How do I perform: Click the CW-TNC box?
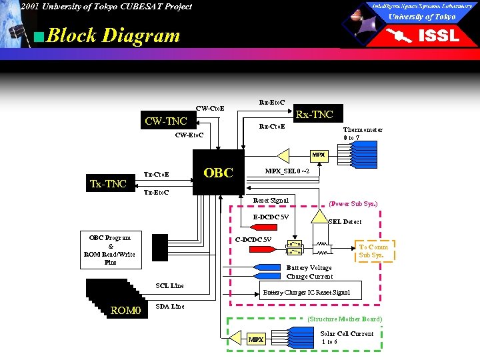pos(166,121)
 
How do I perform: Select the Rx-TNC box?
pos(314,114)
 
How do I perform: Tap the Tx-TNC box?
pos(108,183)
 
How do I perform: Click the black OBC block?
pos(218,173)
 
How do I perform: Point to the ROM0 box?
pos(125,310)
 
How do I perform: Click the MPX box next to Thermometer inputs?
pos(319,155)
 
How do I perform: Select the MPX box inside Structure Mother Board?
pos(256,339)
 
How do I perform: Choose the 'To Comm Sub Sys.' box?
pos(373,251)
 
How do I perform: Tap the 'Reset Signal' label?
pos(271,200)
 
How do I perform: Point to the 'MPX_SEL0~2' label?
pos(287,171)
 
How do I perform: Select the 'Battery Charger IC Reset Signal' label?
pos(306,292)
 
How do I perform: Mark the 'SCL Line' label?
pos(169,285)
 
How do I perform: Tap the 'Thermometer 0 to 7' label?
pos(363,134)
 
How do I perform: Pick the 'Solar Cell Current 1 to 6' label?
pos(347,337)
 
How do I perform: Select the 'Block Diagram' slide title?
pos(113,35)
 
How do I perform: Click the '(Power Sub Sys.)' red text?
pos(353,204)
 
